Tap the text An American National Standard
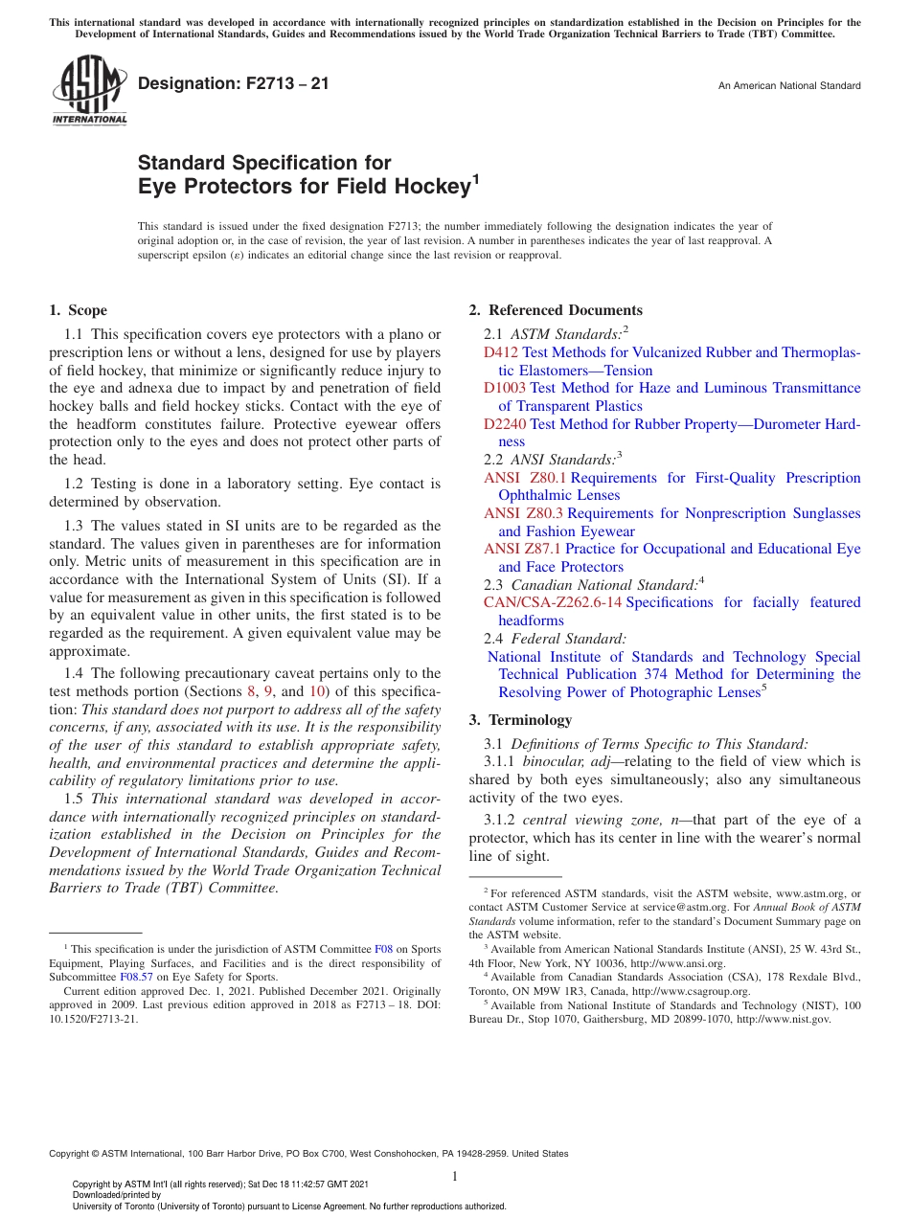click(x=788, y=86)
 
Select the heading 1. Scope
click(x=78, y=310)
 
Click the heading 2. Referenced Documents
click(x=556, y=310)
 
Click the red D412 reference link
click(x=500, y=352)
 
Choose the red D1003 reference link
click(x=505, y=388)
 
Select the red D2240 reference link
click(x=505, y=423)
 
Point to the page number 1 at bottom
click(x=455, y=1177)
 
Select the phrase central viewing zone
click(x=574, y=821)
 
